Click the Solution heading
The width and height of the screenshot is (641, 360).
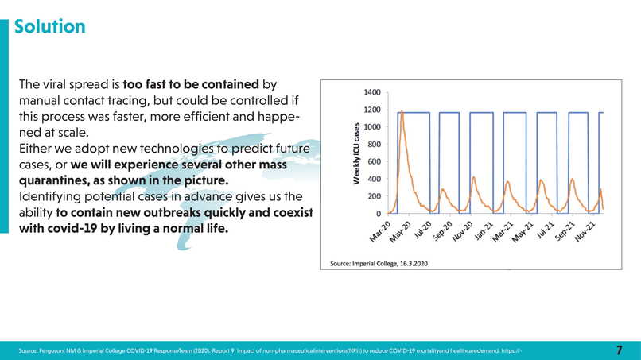pyautogui.click(x=50, y=27)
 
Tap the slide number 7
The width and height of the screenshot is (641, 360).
pyautogui.click(x=620, y=350)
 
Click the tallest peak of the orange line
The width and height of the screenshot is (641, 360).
pyautogui.click(x=402, y=112)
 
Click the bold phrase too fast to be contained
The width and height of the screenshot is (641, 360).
pyautogui.click(x=191, y=83)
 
